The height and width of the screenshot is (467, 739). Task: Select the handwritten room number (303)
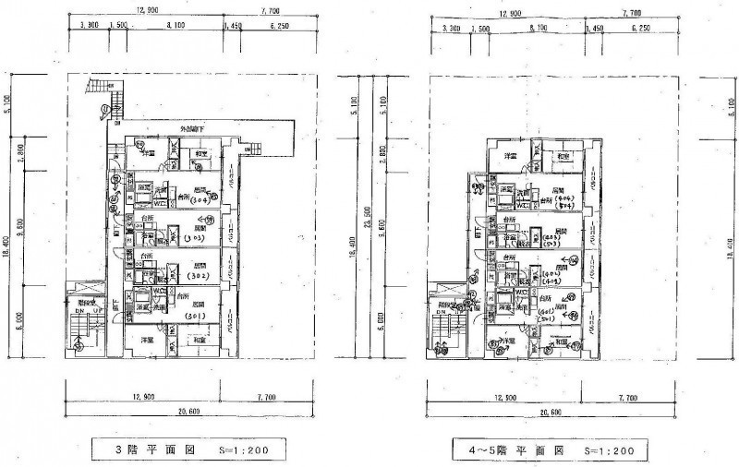click(195, 238)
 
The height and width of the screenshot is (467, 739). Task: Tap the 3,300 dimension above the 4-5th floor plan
click(452, 29)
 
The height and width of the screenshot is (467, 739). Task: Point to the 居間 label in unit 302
click(199, 265)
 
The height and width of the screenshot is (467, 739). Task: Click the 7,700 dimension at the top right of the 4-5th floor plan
click(633, 14)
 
